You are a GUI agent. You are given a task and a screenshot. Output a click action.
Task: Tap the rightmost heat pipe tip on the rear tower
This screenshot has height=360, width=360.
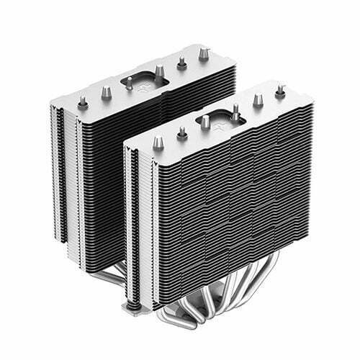[x=203, y=52]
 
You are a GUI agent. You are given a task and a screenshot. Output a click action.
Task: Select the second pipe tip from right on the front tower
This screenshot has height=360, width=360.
[x=257, y=101]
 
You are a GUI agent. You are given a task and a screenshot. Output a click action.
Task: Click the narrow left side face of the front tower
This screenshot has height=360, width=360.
[x=132, y=216]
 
